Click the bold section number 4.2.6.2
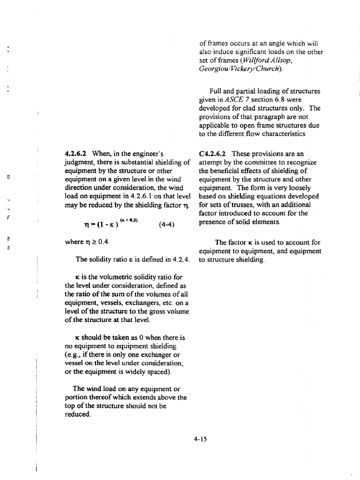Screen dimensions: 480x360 77,153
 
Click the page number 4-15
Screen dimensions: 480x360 200,439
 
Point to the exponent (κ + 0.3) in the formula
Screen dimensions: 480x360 129,219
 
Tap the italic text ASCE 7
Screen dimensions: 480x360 238,100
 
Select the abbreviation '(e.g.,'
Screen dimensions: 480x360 74,355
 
